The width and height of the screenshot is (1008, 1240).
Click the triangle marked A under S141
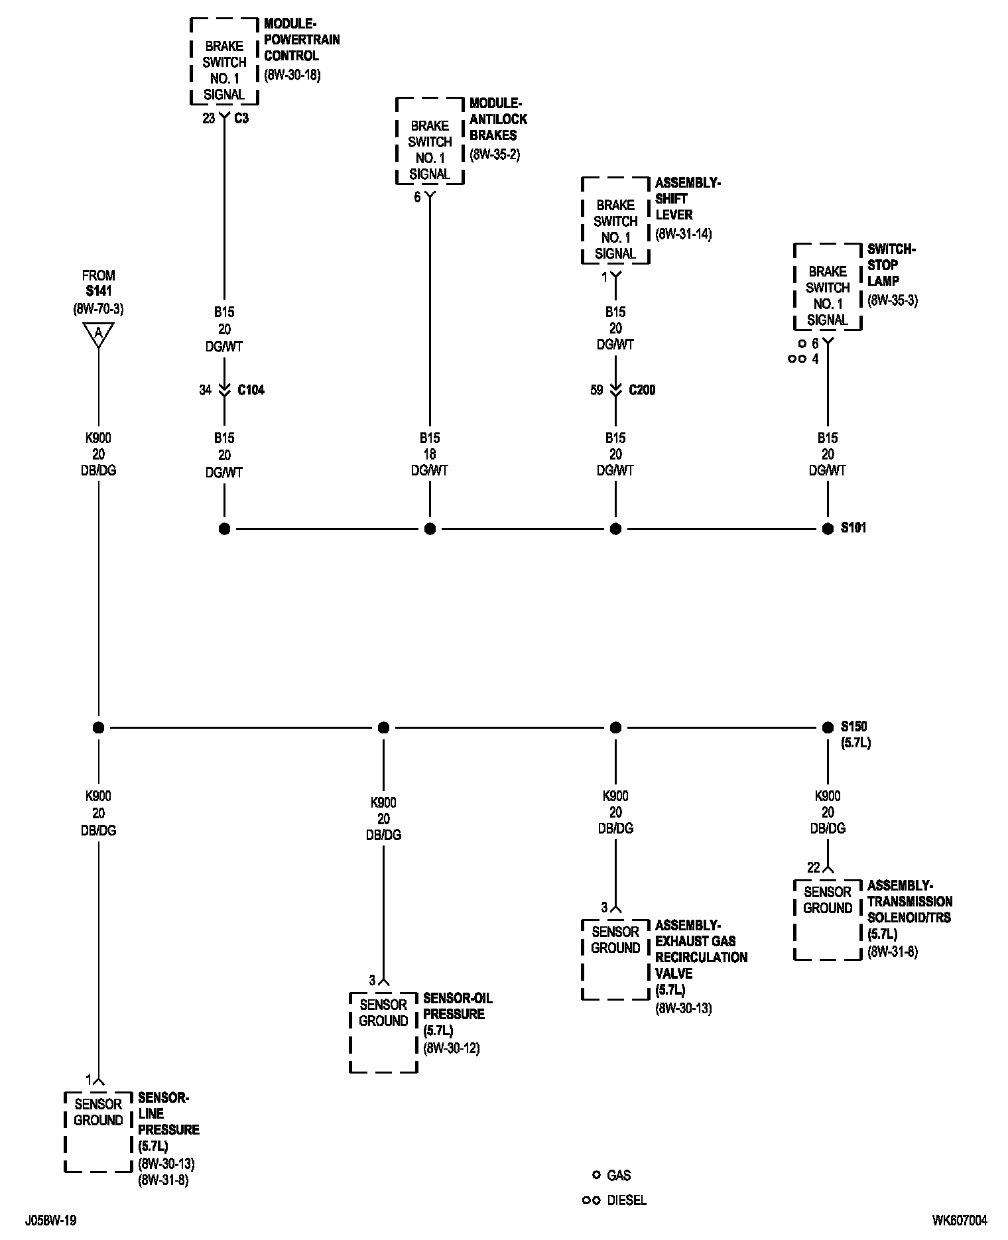point(98,334)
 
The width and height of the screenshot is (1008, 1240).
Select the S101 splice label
point(853,528)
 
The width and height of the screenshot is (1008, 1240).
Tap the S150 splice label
point(853,727)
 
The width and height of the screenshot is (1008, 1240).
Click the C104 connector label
point(251,390)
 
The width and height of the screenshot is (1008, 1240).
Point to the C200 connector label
point(642,390)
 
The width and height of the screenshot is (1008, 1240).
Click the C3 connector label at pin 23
point(241,119)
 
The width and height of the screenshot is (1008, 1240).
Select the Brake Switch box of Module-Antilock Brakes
point(430,141)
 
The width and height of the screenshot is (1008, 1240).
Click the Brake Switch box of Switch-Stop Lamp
point(828,287)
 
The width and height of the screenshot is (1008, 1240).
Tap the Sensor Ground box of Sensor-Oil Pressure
point(383,1032)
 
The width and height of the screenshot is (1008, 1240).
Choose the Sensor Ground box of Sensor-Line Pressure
point(98,1131)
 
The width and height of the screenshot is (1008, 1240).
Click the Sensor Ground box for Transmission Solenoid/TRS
point(828,919)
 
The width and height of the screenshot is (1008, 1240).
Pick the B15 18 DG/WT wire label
point(430,454)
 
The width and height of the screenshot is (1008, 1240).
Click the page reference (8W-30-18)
point(292,75)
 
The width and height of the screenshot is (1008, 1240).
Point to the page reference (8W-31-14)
point(683,234)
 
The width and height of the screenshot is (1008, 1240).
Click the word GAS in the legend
point(619,1176)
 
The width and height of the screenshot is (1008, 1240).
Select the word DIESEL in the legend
point(626,1201)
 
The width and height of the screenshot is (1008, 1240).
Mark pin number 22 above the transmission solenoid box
point(813,867)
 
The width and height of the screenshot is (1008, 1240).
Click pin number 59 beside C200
point(597,390)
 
